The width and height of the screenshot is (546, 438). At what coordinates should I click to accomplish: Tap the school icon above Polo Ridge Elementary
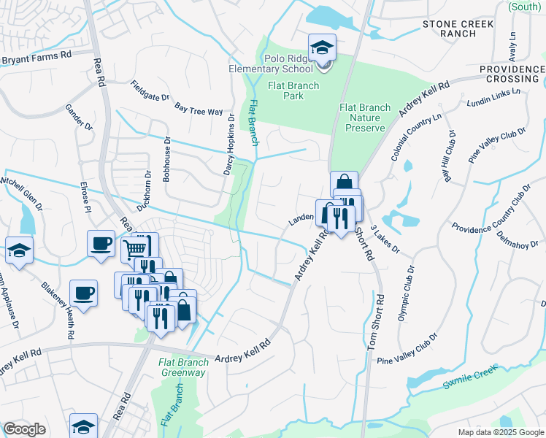point(322,48)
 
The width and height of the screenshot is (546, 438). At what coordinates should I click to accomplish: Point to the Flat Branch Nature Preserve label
point(365,118)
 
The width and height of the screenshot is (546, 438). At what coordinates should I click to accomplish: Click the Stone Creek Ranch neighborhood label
point(458,29)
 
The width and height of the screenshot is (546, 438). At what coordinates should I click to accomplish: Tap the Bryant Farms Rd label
point(36,55)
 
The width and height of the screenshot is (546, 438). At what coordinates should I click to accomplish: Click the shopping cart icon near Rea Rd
point(135,247)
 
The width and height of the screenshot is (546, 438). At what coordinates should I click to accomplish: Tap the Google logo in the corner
point(24,429)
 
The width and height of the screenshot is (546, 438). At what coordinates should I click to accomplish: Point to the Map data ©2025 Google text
point(501,432)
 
